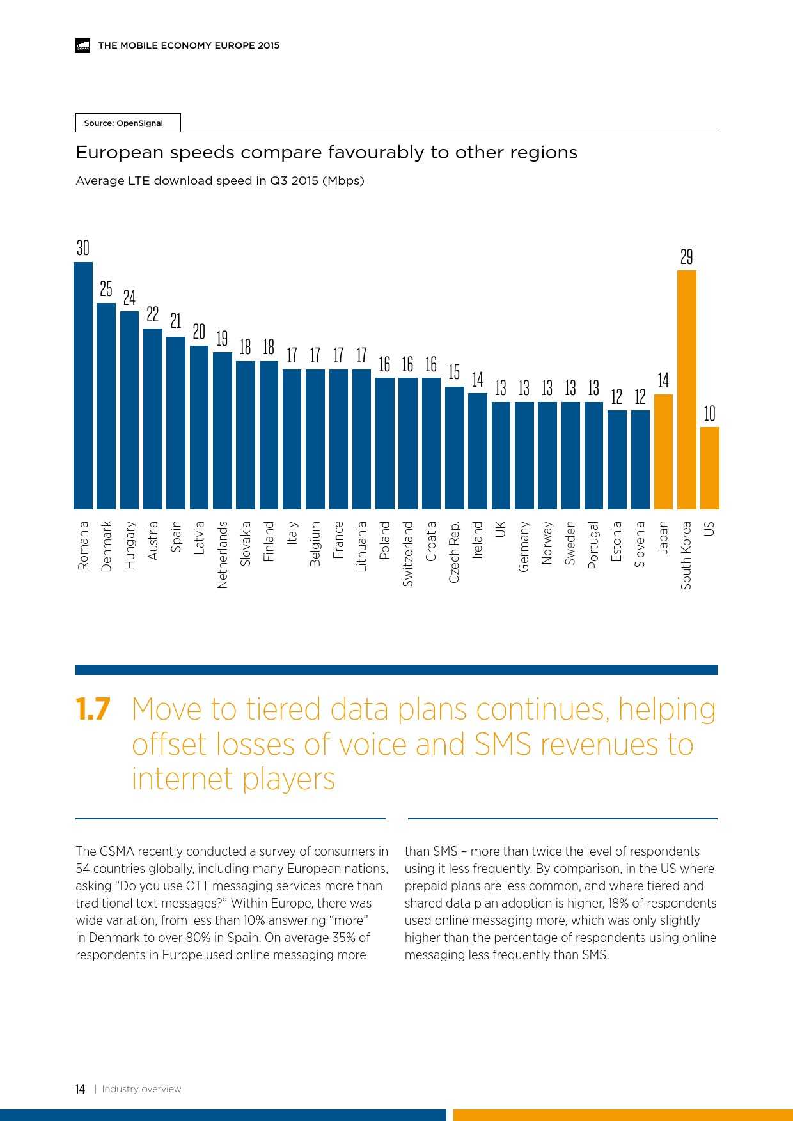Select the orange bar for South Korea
point(686,389)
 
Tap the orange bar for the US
point(710,468)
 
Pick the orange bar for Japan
point(663,451)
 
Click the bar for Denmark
point(106,406)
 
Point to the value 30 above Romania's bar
point(83,248)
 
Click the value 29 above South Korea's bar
point(686,257)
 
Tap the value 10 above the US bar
point(710,414)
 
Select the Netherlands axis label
point(223,554)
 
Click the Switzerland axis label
point(408,553)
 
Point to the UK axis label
point(501,529)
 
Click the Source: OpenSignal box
point(128,123)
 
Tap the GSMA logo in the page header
point(82,45)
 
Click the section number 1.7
point(93,709)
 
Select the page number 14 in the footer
point(80,1089)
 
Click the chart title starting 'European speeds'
point(326,152)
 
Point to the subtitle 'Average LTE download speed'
point(220,181)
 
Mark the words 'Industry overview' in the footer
point(141,1089)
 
